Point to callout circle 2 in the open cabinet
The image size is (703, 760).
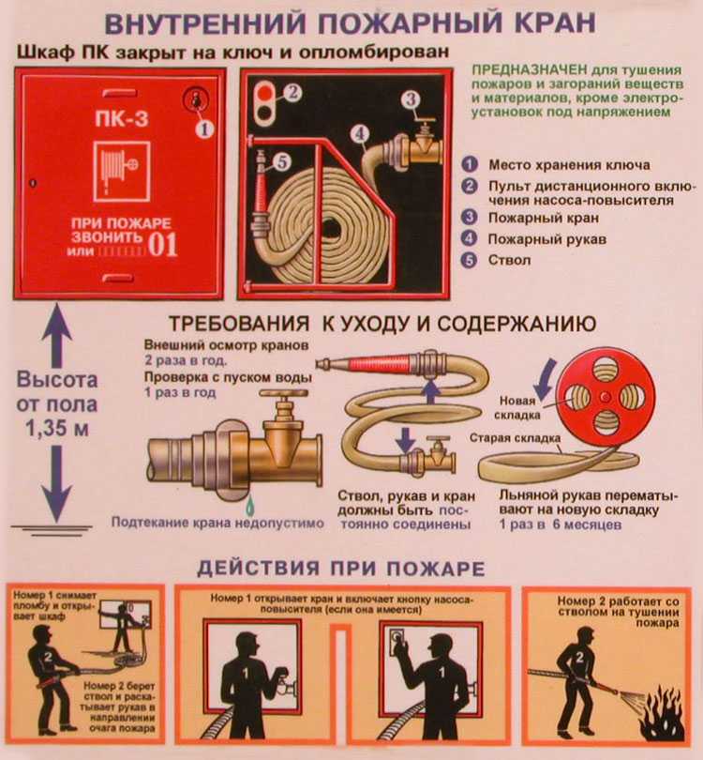[292, 91]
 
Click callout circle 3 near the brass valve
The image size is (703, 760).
[410, 99]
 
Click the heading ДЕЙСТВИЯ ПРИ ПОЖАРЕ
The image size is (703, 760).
[341, 569]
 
